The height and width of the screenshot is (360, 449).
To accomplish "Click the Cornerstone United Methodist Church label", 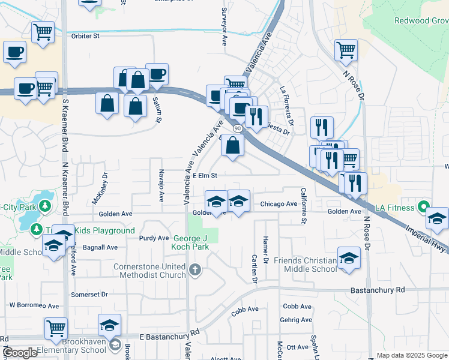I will (151, 271).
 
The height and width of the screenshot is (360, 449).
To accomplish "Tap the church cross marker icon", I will (194, 270).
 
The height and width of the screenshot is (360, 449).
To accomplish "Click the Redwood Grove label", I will (421, 20).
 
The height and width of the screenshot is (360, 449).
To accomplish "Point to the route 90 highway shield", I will (238, 128).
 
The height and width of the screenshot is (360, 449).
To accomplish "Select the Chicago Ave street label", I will (279, 204).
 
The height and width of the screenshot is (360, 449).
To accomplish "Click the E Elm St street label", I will (200, 175).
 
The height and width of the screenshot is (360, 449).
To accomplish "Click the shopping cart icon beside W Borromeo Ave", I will (56, 328).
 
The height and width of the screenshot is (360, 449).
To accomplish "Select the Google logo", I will (20, 353).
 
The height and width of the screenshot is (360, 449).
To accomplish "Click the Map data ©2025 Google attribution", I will (411, 355).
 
